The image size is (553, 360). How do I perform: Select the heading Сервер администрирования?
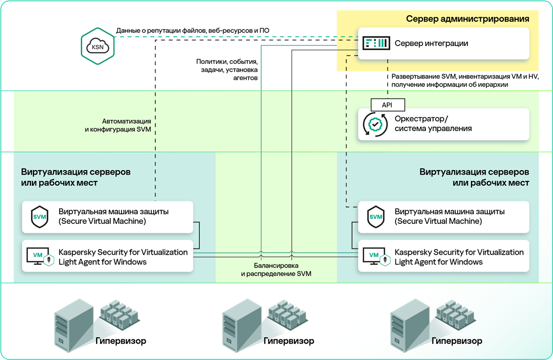[467, 19]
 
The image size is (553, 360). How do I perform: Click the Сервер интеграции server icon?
[376, 44]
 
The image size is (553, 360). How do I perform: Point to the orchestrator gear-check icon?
[375, 124]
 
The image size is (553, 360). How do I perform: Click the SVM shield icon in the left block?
[40, 217]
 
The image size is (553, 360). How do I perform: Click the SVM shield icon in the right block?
[376, 217]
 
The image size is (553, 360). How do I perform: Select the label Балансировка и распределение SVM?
[276, 269]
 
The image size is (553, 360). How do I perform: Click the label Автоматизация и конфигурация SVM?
[117, 126]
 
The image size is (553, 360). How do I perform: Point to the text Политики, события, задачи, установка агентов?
[227, 70]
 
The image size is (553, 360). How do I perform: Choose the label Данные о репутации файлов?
[192, 31]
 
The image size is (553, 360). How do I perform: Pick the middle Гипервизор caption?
[288, 341]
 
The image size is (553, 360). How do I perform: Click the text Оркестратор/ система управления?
[433, 124]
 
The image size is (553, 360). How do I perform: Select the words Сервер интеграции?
[431, 44]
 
